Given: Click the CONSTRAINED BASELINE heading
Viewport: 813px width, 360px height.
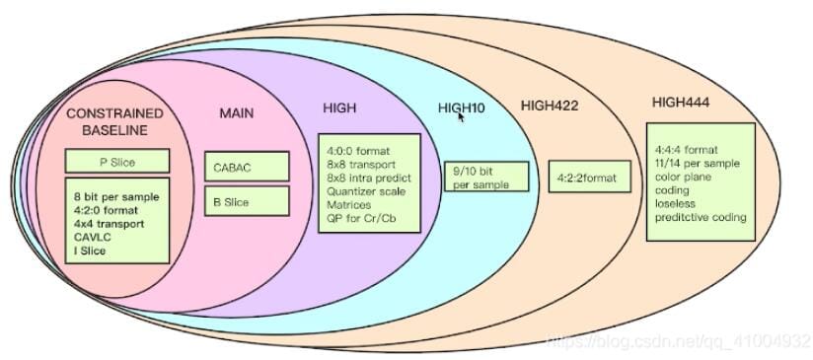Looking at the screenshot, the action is coord(114,121).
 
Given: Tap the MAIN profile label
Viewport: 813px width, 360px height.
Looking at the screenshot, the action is coord(237,112).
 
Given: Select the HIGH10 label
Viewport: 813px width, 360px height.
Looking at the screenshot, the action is coord(462,108).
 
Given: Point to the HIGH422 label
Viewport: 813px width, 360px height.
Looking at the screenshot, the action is coord(550,106).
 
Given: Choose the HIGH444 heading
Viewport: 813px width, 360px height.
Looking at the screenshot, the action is coord(680,103).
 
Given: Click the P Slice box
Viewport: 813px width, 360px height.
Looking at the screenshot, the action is coord(117,161).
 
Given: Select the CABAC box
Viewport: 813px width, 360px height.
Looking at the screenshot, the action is coord(247,167).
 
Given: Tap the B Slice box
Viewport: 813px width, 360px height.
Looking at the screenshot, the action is coord(247,201).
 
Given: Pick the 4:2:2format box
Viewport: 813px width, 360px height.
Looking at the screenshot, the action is coord(590,177).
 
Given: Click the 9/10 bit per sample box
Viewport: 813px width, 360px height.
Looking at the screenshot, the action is coord(486,177).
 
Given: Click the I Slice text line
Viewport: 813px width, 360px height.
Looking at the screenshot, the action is coord(89,251).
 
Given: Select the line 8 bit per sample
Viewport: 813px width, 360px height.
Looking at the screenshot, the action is coord(116,197).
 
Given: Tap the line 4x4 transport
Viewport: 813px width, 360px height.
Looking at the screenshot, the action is coord(109,224).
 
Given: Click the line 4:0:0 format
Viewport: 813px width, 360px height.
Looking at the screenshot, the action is coord(358,151).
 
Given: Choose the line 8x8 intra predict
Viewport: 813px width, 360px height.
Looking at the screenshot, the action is coord(369,179).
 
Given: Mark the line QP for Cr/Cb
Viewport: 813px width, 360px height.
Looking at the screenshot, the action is coord(358,218).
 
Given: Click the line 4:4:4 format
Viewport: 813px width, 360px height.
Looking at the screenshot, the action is coord(687,150).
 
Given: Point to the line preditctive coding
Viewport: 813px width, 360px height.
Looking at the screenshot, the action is coord(701,217).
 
